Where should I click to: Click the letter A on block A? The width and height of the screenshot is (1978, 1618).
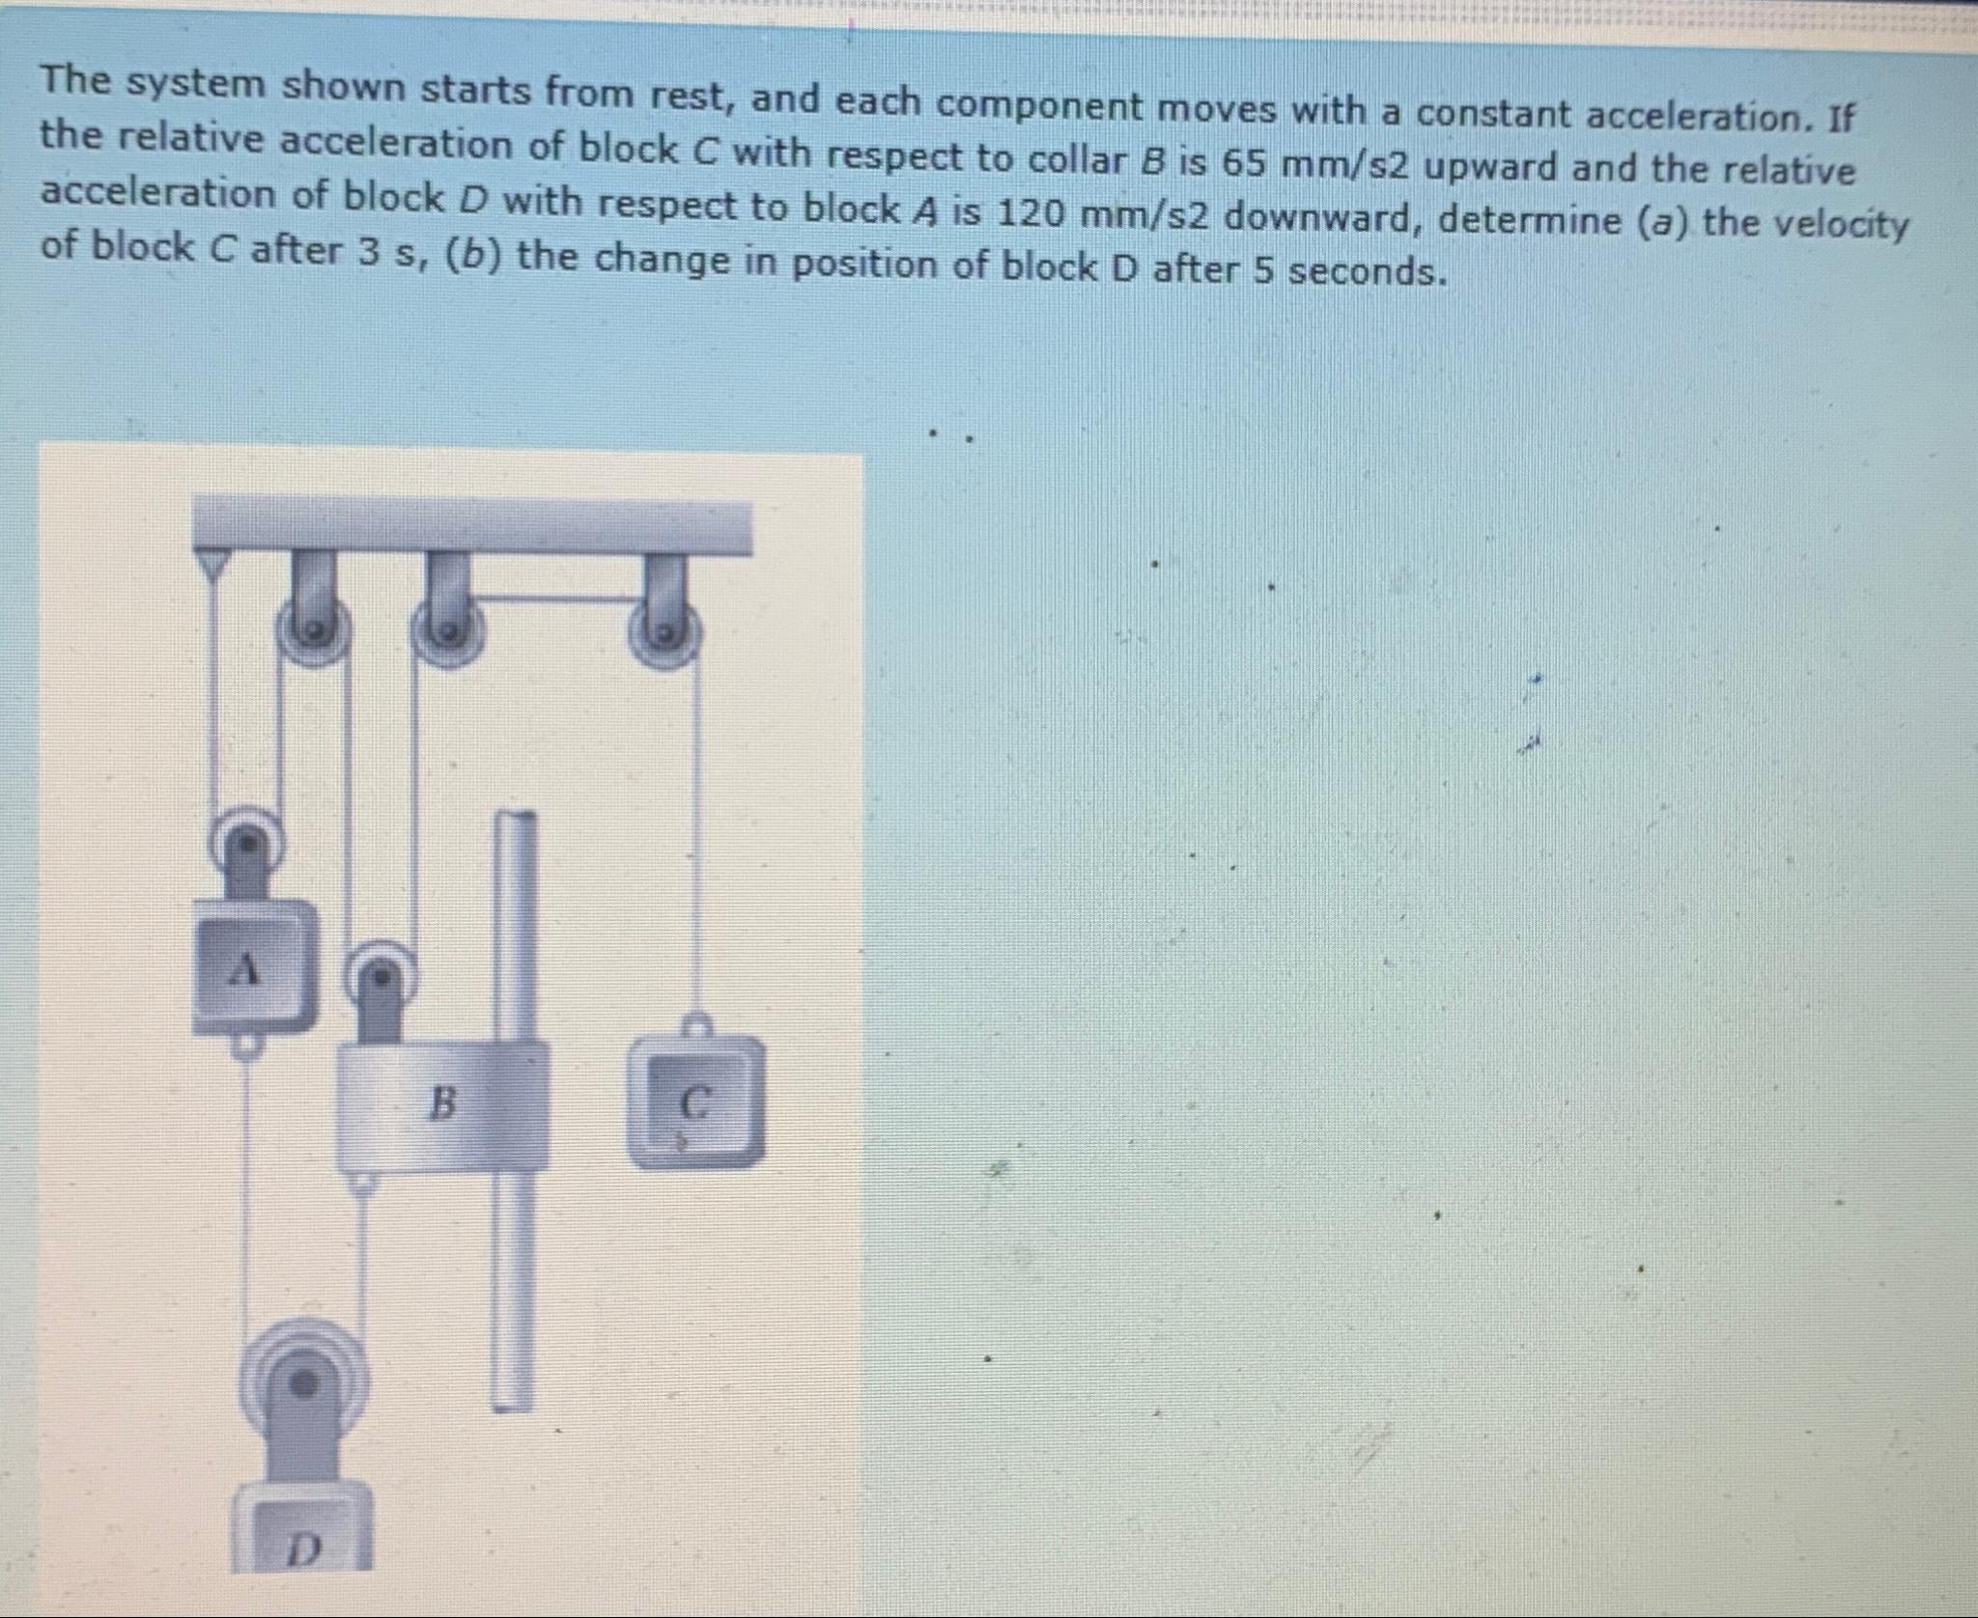pos(248,968)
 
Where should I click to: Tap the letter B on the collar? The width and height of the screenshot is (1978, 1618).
pos(442,1102)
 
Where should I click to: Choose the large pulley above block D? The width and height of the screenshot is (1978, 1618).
pos(303,1383)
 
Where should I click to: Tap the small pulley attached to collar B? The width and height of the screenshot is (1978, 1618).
pos(382,977)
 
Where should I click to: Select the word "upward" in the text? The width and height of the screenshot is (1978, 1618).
pos(1492,168)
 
